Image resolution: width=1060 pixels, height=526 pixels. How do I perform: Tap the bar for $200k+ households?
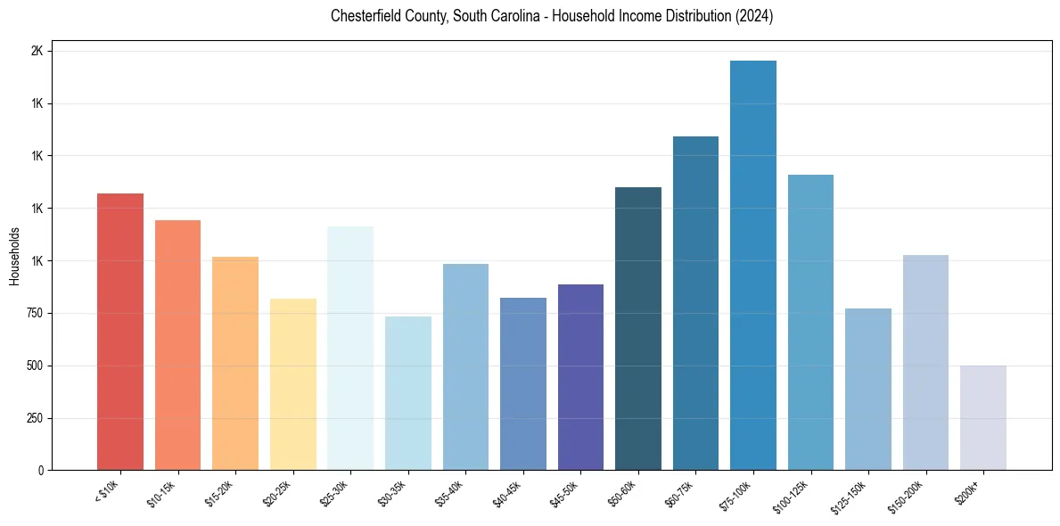pos(982,418)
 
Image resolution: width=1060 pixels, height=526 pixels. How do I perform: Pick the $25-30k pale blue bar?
pos(349,348)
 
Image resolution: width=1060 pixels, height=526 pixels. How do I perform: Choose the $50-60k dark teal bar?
pos(637,329)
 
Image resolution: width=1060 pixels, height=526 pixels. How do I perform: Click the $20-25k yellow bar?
pos(292,384)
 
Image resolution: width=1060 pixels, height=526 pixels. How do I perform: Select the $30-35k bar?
pos(407,393)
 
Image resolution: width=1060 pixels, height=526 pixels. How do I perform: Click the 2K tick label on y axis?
pos(37,52)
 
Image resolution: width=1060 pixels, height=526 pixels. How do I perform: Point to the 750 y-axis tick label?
pos(35,314)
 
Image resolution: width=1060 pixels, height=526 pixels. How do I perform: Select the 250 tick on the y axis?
pos(35,418)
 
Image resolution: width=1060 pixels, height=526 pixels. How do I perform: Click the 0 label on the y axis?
pos(41,471)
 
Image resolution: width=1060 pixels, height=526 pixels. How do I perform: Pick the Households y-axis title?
pos(14,257)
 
